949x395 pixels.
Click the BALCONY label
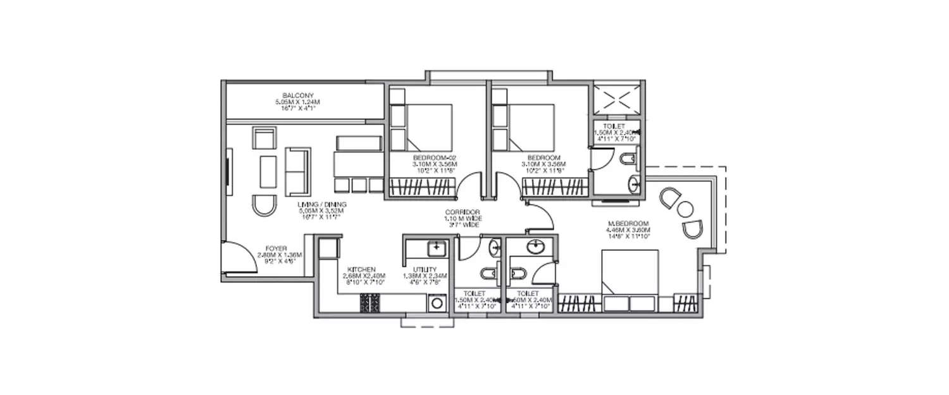(x=294, y=95)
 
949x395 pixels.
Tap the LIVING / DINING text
(x=323, y=205)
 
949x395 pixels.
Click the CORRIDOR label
(x=462, y=212)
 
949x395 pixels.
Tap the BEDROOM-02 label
(x=430, y=157)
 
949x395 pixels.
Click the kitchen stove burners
(x=369, y=304)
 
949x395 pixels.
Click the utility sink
(x=436, y=248)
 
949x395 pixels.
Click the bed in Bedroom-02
(x=429, y=126)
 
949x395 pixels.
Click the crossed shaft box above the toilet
(x=617, y=99)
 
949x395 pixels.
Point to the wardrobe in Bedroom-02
(x=421, y=187)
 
